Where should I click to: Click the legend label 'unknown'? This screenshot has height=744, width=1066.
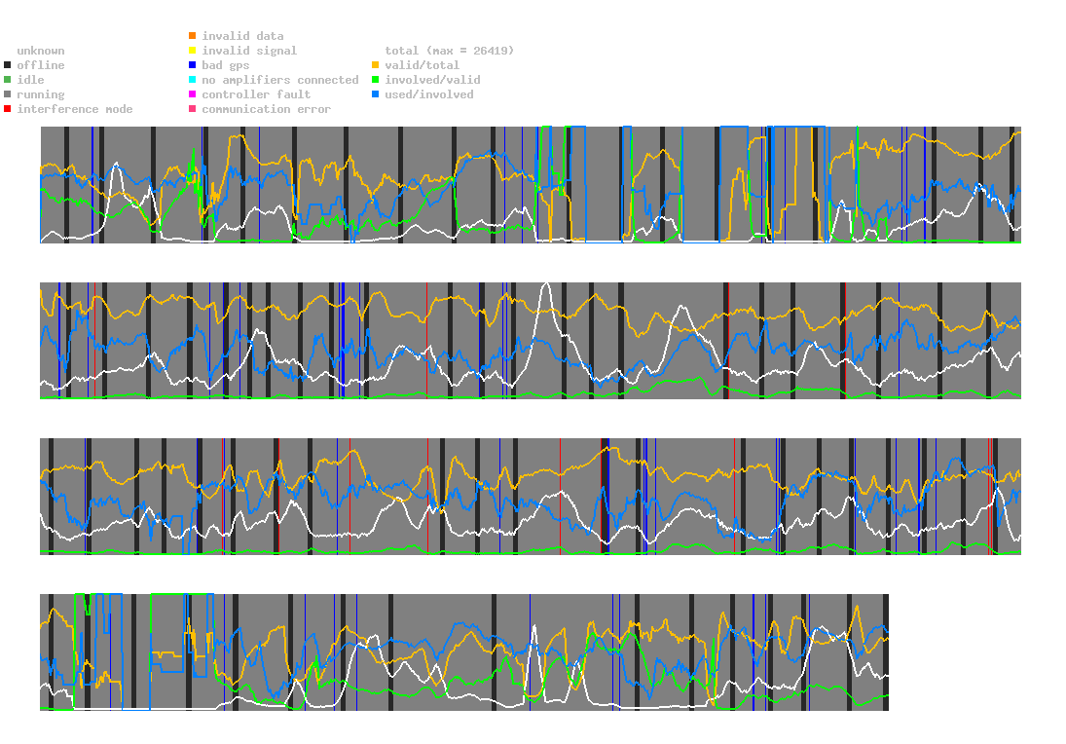(x=41, y=51)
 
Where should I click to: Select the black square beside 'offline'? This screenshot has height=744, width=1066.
(x=8, y=65)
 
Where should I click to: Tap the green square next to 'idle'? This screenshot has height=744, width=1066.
(x=8, y=80)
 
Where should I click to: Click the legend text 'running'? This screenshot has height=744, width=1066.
(x=41, y=94)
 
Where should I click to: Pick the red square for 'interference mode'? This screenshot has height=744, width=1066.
(x=8, y=109)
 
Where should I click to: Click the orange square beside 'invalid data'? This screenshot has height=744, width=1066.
(x=193, y=35)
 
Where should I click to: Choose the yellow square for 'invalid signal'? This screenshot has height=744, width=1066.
(x=193, y=51)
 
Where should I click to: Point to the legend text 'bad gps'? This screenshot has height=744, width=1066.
(x=226, y=65)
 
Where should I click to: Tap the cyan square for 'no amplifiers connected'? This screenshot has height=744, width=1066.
(x=193, y=80)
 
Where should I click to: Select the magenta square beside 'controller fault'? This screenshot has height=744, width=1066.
(x=193, y=94)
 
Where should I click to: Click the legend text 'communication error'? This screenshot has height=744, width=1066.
(x=267, y=109)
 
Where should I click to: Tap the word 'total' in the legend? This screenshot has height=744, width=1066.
(x=402, y=51)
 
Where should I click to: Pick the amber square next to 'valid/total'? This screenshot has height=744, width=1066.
(x=375, y=65)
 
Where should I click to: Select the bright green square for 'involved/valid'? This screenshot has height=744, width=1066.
(x=375, y=80)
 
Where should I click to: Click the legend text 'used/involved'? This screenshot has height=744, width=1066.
(x=429, y=94)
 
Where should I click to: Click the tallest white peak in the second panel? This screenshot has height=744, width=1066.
(x=546, y=284)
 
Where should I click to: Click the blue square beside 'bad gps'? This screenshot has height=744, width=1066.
(x=193, y=65)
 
